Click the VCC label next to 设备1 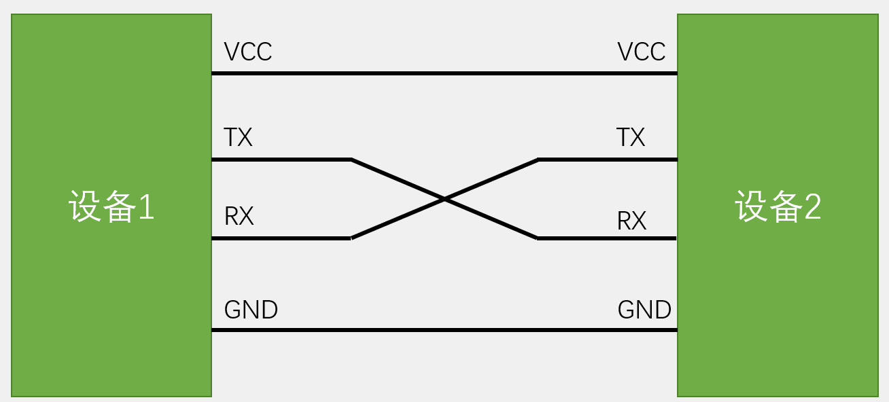[x=248, y=52]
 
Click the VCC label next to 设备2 [x=641, y=52]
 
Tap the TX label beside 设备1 [x=238, y=138]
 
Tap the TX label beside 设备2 [x=630, y=138]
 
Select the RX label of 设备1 [x=239, y=217]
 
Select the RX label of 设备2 [x=631, y=221]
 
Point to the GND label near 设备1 [x=251, y=310]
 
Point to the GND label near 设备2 [x=644, y=310]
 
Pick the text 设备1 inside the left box [x=111, y=206]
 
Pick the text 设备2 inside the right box [x=778, y=206]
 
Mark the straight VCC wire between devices [x=444, y=73]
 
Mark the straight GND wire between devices [x=444, y=330]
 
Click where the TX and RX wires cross [x=444, y=199]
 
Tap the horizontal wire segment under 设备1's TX [x=281, y=160]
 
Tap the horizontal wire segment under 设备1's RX [x=281, y=238]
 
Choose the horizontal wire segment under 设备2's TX [x=607, y=160]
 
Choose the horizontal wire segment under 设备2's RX [x=607, y=238]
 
